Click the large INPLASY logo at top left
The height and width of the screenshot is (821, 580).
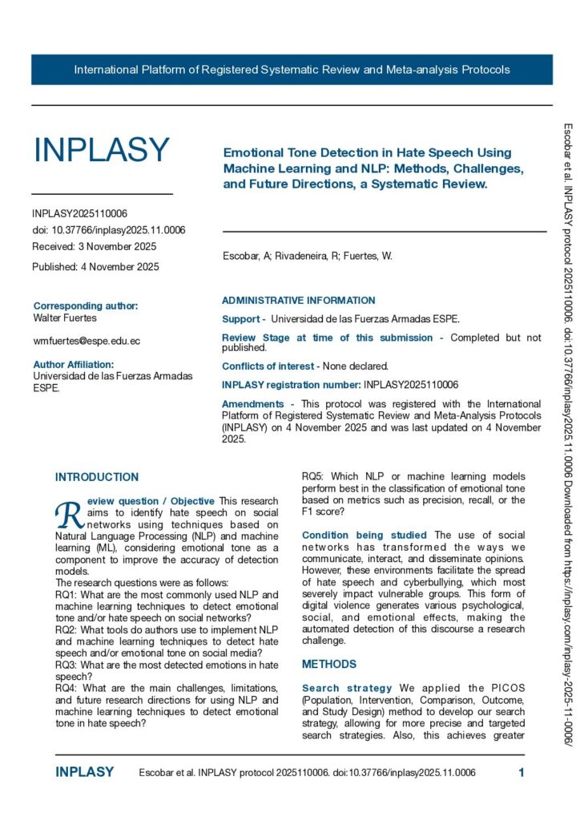101,150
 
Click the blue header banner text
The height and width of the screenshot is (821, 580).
292,70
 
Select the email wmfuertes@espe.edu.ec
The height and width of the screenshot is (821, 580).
87,341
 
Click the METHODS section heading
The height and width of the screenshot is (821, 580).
329,665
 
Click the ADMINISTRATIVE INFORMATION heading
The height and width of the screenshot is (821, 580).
298,301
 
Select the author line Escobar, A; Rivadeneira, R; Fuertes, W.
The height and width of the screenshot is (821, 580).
307,257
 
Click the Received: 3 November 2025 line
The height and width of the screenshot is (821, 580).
95,246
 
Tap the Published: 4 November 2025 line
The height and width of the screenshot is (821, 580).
95,267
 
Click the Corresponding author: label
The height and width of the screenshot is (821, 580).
86,305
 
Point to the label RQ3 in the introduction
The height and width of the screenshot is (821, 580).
66,665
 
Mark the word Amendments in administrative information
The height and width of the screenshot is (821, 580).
252,404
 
